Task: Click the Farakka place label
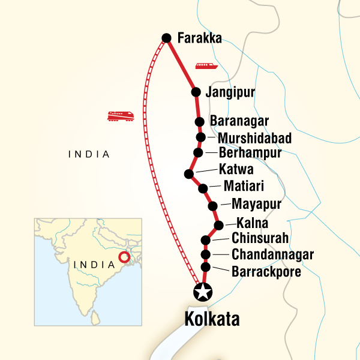click(200, 38)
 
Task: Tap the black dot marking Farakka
click(167, 38)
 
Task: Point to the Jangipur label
click(230, 92)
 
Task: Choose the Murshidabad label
click(254, 139)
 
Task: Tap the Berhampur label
click(250, 153)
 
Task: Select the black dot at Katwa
click(189, 174)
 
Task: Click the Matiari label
click(244, 186)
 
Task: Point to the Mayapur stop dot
click(212, 206)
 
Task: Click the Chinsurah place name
click(260, 238)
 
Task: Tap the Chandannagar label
click(272, 254)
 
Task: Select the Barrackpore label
click(266, 271)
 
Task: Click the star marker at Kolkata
click(203, 293)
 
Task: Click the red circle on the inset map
click(124, 258)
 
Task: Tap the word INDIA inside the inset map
click(94, 264)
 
